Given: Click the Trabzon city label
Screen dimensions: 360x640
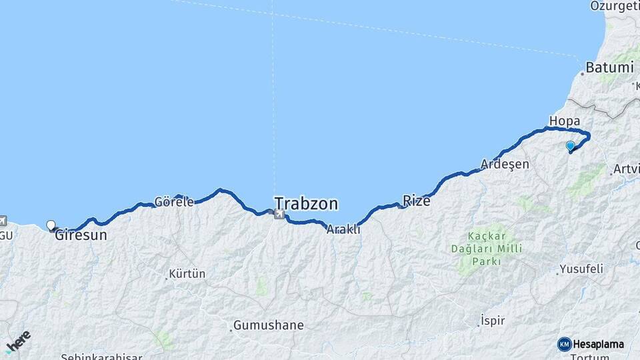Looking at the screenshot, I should (x=306, y=203).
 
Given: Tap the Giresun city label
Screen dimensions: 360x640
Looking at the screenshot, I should (x=81, y=235).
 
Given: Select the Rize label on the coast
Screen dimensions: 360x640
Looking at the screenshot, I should (x=417, y=200).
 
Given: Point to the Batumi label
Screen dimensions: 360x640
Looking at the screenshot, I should (x=609, y=67).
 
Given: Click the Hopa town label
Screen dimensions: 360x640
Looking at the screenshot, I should (x=565, y=121).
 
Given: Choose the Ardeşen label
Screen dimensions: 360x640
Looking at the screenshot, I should (x=505, y=164).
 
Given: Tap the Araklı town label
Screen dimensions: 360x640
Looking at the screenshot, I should (x=343, y=229).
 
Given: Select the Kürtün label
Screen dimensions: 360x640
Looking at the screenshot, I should (x=187, y=273).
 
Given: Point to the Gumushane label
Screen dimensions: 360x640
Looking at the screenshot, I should (x=268, y=326).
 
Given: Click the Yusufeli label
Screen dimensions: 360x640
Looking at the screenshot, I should (x=582, y=269).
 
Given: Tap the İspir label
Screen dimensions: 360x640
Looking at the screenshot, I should (x=494, y=321).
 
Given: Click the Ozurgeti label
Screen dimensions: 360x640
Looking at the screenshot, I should (x=614, y=6).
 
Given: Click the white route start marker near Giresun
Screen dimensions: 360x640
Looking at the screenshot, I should (x=51, y=225).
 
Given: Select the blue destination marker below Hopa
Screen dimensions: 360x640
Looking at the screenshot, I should (x=570, y=146).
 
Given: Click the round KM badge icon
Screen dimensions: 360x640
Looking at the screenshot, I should (x=564, y=344).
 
